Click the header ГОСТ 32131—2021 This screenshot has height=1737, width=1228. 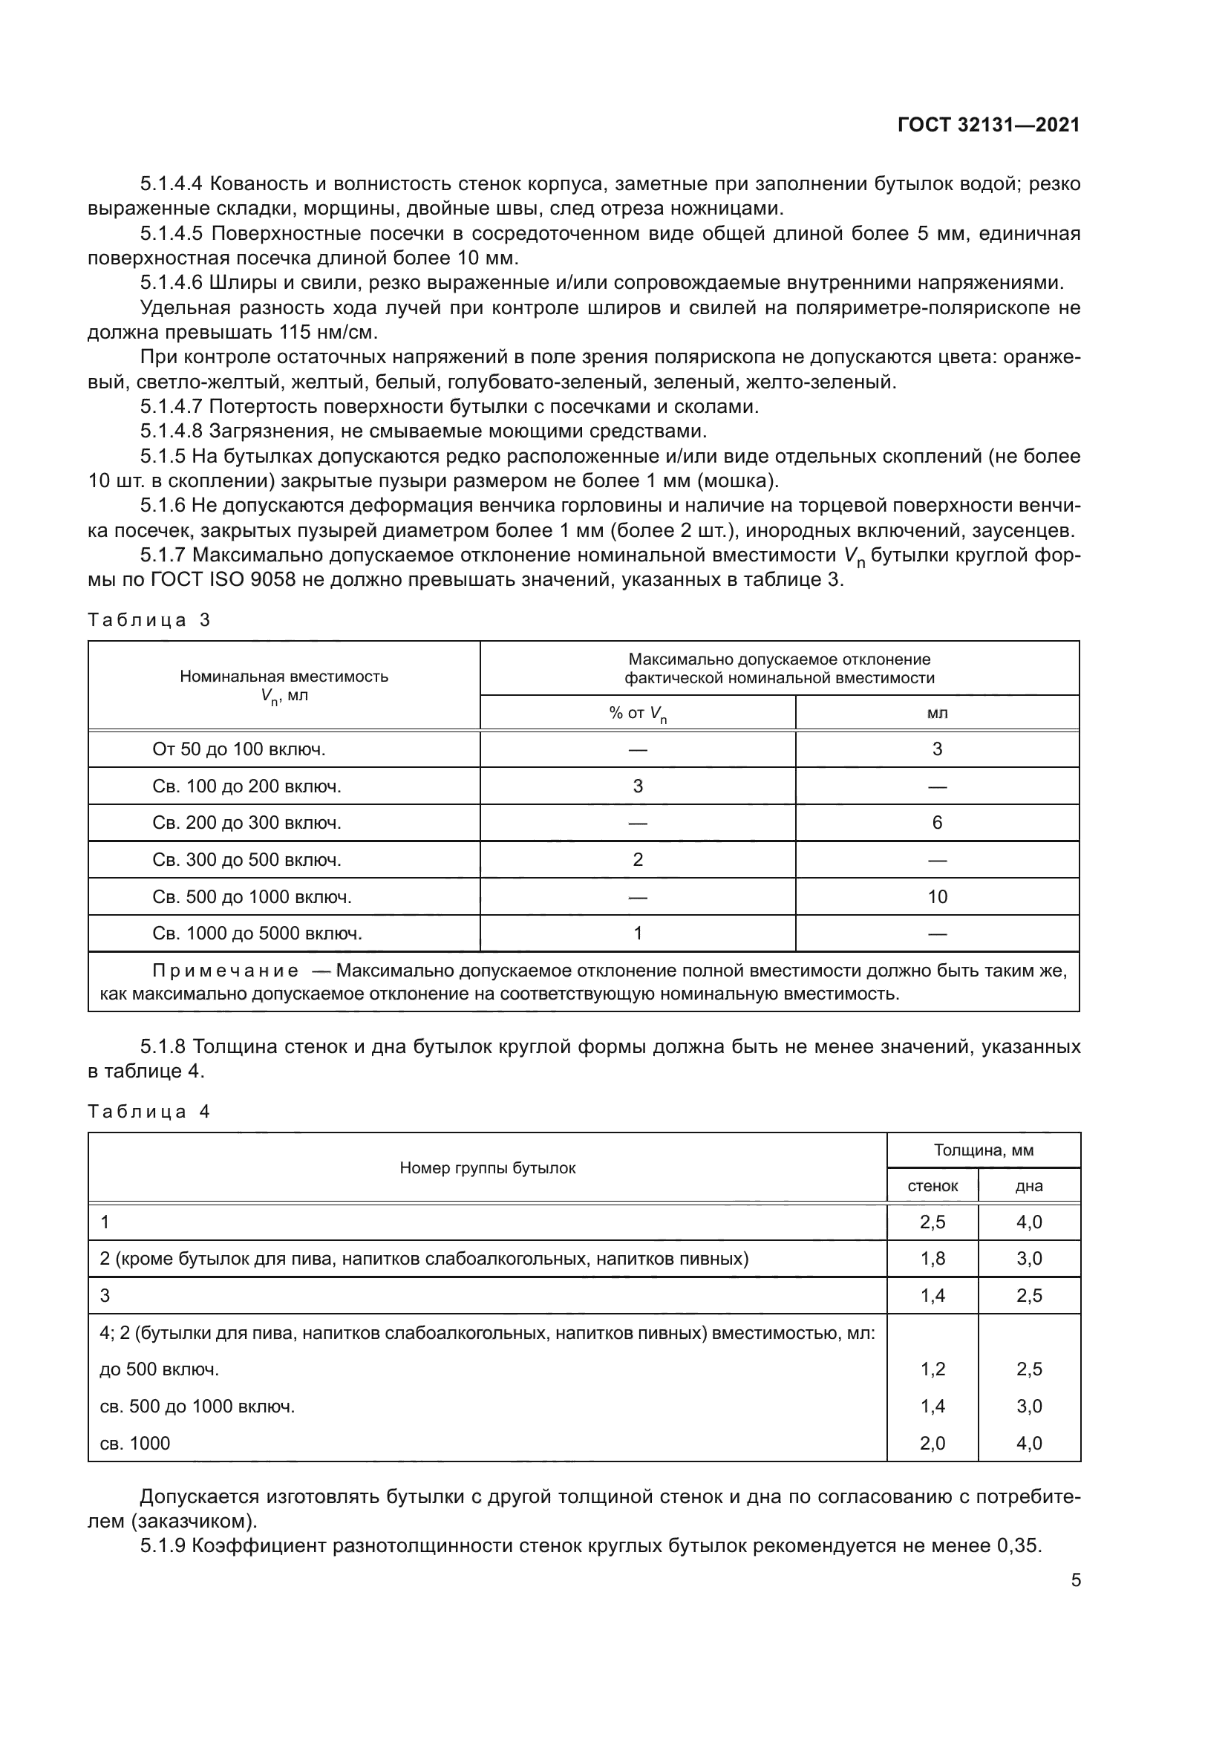click(988, 125)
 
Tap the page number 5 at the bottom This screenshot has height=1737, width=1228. click(1075, 1580)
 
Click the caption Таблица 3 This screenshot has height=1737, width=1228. click(149, 620)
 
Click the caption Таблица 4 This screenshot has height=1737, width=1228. click(149, 1112)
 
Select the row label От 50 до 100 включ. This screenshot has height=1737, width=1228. click(239, 749)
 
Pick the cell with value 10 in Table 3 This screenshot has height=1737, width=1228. click(937, 896)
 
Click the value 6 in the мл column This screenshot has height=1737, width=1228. click(937, 822)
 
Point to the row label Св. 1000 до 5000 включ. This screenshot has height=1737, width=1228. click(257, 933)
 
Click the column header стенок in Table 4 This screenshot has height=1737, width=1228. click(933, 1186)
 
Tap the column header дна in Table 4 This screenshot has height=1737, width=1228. click(1028, 1186)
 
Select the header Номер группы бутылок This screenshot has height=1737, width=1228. click(487, 1168)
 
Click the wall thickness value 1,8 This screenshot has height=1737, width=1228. click(933, 1259)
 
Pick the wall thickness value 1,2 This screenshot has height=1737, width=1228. click(933, 1369)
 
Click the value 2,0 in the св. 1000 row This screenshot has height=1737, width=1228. click(933, 1444)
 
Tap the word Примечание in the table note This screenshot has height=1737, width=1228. click(226, 971)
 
